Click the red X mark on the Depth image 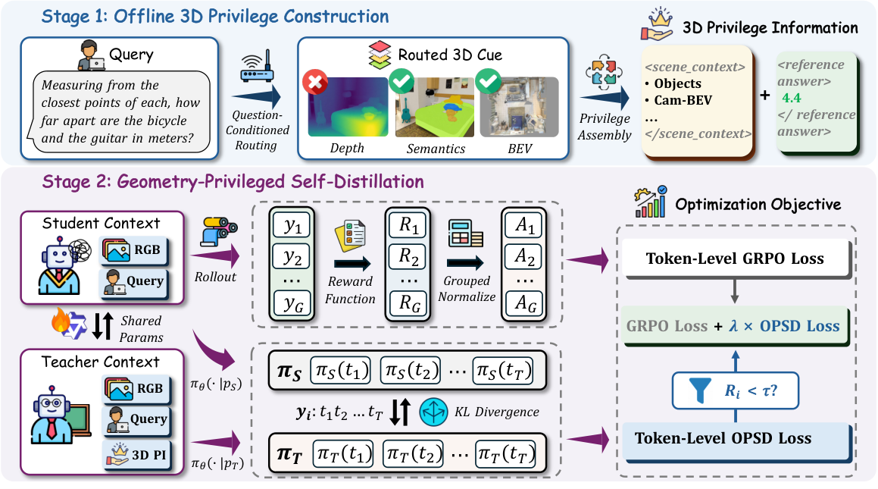315,82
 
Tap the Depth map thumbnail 348,107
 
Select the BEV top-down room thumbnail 519,107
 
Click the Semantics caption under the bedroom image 436,149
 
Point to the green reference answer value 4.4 791,98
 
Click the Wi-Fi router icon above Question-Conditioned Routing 257,66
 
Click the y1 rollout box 292,226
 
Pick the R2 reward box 408,256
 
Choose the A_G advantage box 525,304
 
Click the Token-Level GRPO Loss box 736,259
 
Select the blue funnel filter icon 700,390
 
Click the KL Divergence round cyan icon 433,412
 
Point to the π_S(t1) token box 340,371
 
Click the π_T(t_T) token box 505,453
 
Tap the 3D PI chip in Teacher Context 136,454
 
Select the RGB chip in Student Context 134,250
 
